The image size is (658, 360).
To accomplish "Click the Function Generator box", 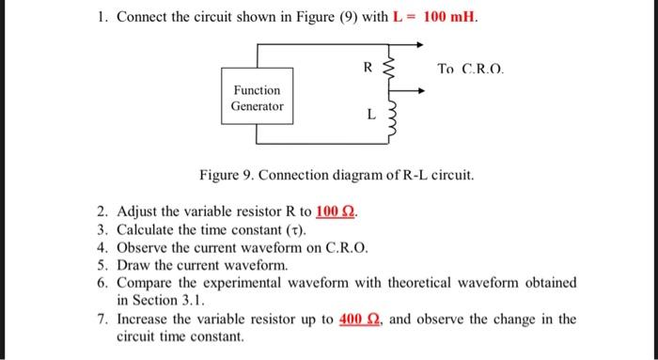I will [257, 98].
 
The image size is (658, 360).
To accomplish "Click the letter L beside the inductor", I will [370, 115].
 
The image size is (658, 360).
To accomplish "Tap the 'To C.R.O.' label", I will [471, 69].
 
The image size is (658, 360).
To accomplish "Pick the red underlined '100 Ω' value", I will [337, 210].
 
